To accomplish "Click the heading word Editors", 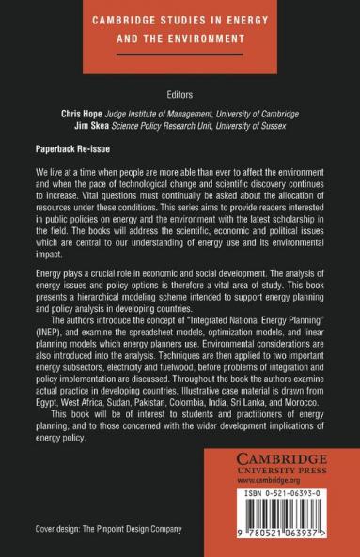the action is coord(180,93).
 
